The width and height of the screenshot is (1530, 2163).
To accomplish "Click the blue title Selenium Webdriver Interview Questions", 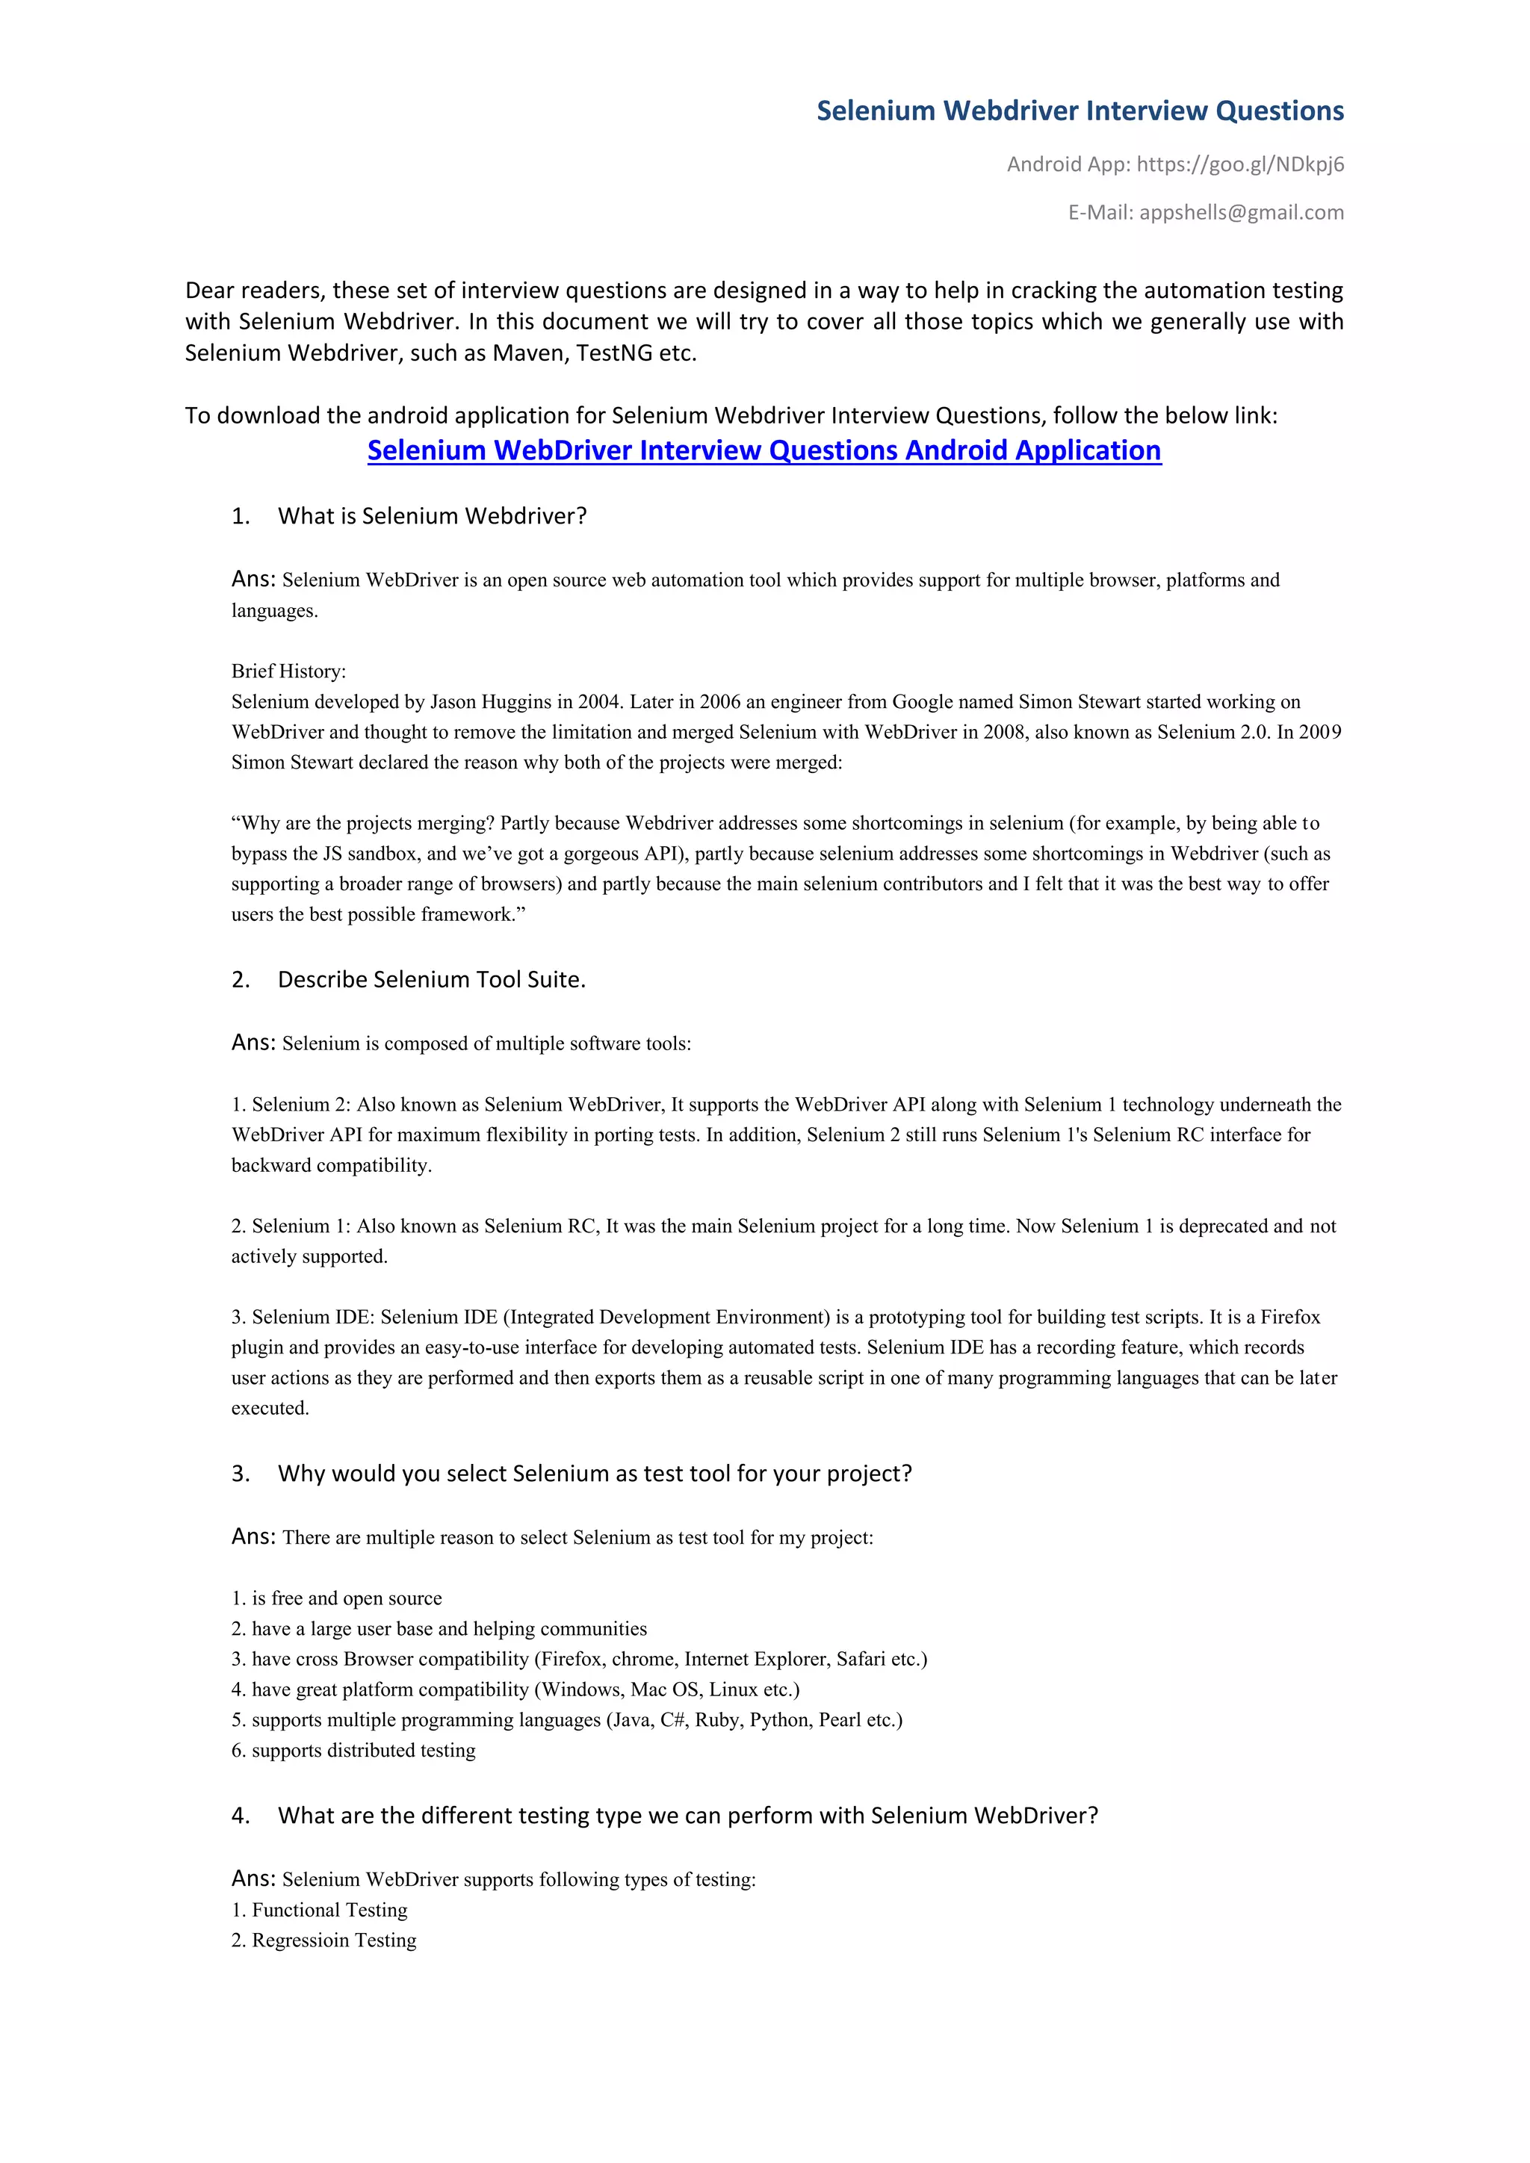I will pos(1080,111).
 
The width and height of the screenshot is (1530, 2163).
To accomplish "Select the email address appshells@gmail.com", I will pos(1241,213).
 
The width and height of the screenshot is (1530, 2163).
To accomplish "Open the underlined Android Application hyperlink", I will pos(764,450).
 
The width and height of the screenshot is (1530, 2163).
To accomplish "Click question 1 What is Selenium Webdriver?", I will pos(432,516).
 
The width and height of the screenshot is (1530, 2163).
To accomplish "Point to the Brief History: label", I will pos(288,671).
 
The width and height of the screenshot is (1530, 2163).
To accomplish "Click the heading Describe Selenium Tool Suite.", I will pos(432,980).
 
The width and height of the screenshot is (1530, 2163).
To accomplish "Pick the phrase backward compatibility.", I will pos(331,1165).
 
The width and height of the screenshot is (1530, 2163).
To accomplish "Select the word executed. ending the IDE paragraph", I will pos(270,1409).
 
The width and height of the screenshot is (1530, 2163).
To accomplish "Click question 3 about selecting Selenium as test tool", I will pos(595,1474).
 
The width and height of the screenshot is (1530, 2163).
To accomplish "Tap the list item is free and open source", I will pos(346,1598).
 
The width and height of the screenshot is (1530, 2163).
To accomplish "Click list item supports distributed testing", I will pos(363,1751).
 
